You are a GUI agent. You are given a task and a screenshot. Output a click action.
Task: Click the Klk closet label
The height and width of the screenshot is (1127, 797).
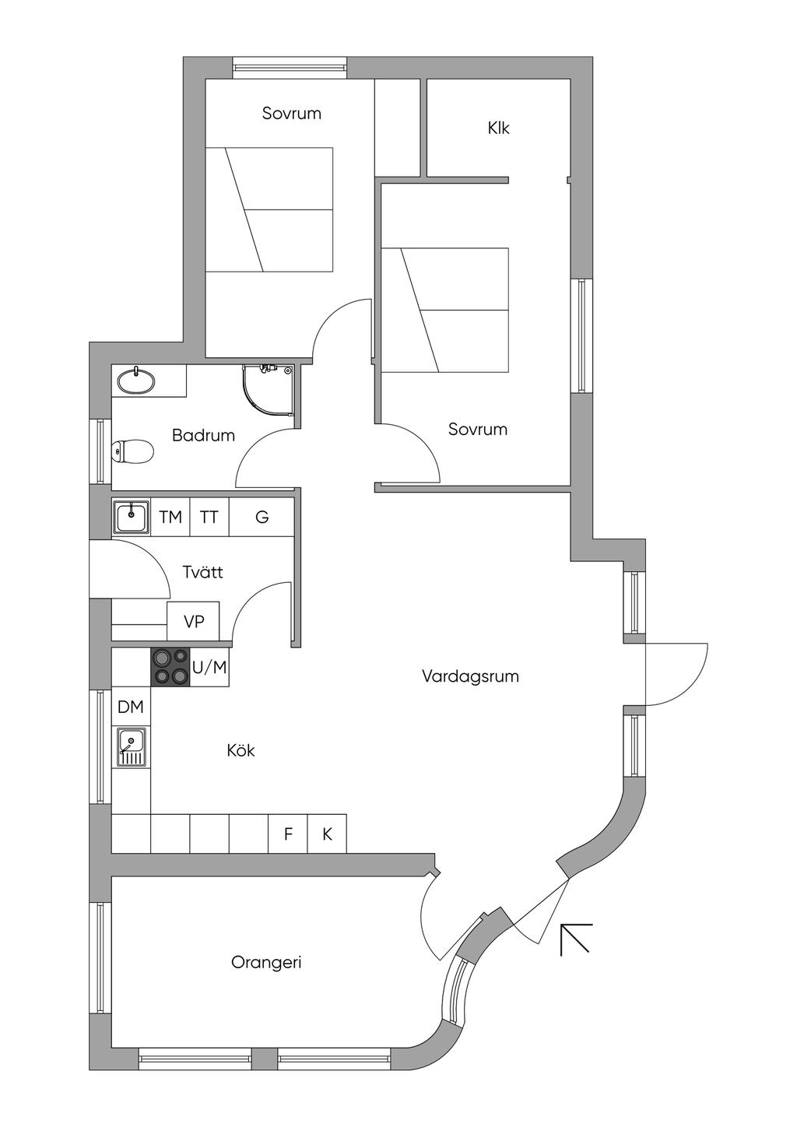point(498,128)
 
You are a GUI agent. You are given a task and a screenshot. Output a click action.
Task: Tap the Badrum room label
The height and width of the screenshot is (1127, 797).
point(203,435)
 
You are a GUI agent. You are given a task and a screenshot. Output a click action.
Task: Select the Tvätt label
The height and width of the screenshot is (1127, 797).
point(202,572)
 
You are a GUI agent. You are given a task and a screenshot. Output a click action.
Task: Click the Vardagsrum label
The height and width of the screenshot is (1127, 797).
point(470,676)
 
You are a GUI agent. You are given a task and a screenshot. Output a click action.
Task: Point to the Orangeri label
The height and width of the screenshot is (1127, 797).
point(266,962)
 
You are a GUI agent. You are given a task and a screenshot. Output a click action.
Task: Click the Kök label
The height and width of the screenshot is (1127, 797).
point(241,750)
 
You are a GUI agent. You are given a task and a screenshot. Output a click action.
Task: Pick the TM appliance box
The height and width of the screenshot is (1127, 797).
point(170,517)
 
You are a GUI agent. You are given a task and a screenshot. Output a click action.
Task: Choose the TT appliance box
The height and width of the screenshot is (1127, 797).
point(209,517)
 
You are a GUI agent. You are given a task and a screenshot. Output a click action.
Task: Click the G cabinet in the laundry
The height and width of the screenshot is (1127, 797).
point(262,517)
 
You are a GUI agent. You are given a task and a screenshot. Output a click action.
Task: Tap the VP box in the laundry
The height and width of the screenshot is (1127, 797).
point(194,621)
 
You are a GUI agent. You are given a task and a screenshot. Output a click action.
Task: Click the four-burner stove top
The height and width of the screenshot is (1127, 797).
point(170,667)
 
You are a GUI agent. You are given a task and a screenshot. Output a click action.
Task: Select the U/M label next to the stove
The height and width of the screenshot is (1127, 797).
point(209,667)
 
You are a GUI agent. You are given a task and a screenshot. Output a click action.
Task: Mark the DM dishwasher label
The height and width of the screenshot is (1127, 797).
point(131,707)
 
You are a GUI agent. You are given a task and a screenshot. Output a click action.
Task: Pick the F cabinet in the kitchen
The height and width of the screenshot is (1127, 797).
point(288,834)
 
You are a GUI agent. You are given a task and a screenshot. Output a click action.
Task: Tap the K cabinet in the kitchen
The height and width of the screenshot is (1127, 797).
point(327,834)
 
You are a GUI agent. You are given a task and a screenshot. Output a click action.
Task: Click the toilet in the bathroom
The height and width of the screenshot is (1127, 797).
point(132,451)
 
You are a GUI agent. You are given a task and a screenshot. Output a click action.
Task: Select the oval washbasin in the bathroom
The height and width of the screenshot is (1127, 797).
point(136,381)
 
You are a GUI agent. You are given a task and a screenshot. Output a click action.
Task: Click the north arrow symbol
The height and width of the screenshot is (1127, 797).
point(576,938)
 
